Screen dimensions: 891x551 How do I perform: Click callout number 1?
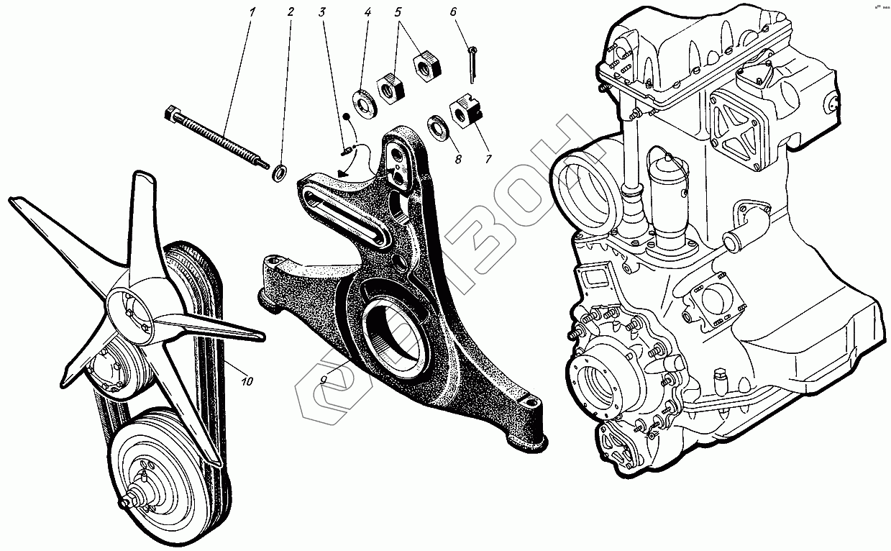pos(252,12)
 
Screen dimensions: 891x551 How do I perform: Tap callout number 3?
pos(321,12)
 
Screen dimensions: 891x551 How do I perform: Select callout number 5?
pos(398,12)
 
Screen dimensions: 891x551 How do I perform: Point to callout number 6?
pos(453,12)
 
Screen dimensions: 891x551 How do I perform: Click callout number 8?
pos(457,160)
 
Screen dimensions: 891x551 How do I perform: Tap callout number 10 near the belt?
pos(247,381)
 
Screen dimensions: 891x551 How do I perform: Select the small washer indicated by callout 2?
pos(280,173)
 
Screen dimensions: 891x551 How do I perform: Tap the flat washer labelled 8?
pos(437,126)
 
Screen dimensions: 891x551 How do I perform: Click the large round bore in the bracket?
pos(398,337)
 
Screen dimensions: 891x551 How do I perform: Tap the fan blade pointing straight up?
pos(144,209)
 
